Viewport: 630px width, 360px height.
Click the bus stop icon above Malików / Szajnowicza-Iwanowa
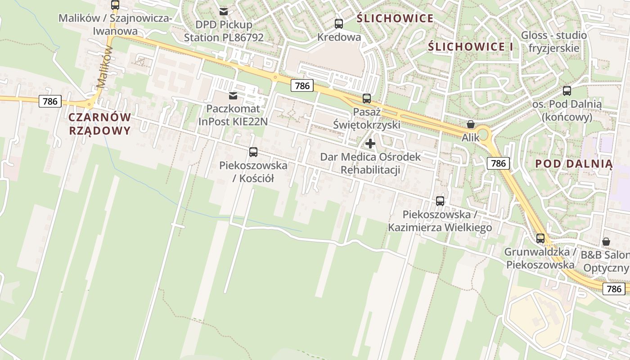click(115, 5)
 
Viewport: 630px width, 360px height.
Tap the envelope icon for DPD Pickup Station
click(224, 11)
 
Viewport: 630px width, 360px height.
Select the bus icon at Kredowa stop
click(339, 24)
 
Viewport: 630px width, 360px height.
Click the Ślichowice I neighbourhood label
click(470, 47)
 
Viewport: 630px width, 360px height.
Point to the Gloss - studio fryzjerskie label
click(553, 41)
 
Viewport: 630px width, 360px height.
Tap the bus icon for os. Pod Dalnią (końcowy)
click(567, 91)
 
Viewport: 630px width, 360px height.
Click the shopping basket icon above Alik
click(471, 124)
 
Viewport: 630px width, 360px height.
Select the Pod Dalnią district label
click(574, 164)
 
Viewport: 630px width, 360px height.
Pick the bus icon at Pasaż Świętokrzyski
click(367, 98)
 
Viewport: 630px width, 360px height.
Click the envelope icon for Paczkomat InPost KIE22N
click(233, 95)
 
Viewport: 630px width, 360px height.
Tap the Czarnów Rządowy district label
click(100, 124)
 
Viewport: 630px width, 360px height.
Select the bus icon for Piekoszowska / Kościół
click(253, 152)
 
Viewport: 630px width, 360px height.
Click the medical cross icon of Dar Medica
click(370, 144)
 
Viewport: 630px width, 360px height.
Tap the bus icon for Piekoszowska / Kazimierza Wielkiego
click(440, 201)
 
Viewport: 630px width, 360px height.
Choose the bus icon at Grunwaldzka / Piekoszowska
click(540, 238)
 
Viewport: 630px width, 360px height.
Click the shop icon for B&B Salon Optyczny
click(606, 242)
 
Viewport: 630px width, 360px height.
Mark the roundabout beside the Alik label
click(483, 134)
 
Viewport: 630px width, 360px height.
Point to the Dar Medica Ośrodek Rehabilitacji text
click(370, 163)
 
